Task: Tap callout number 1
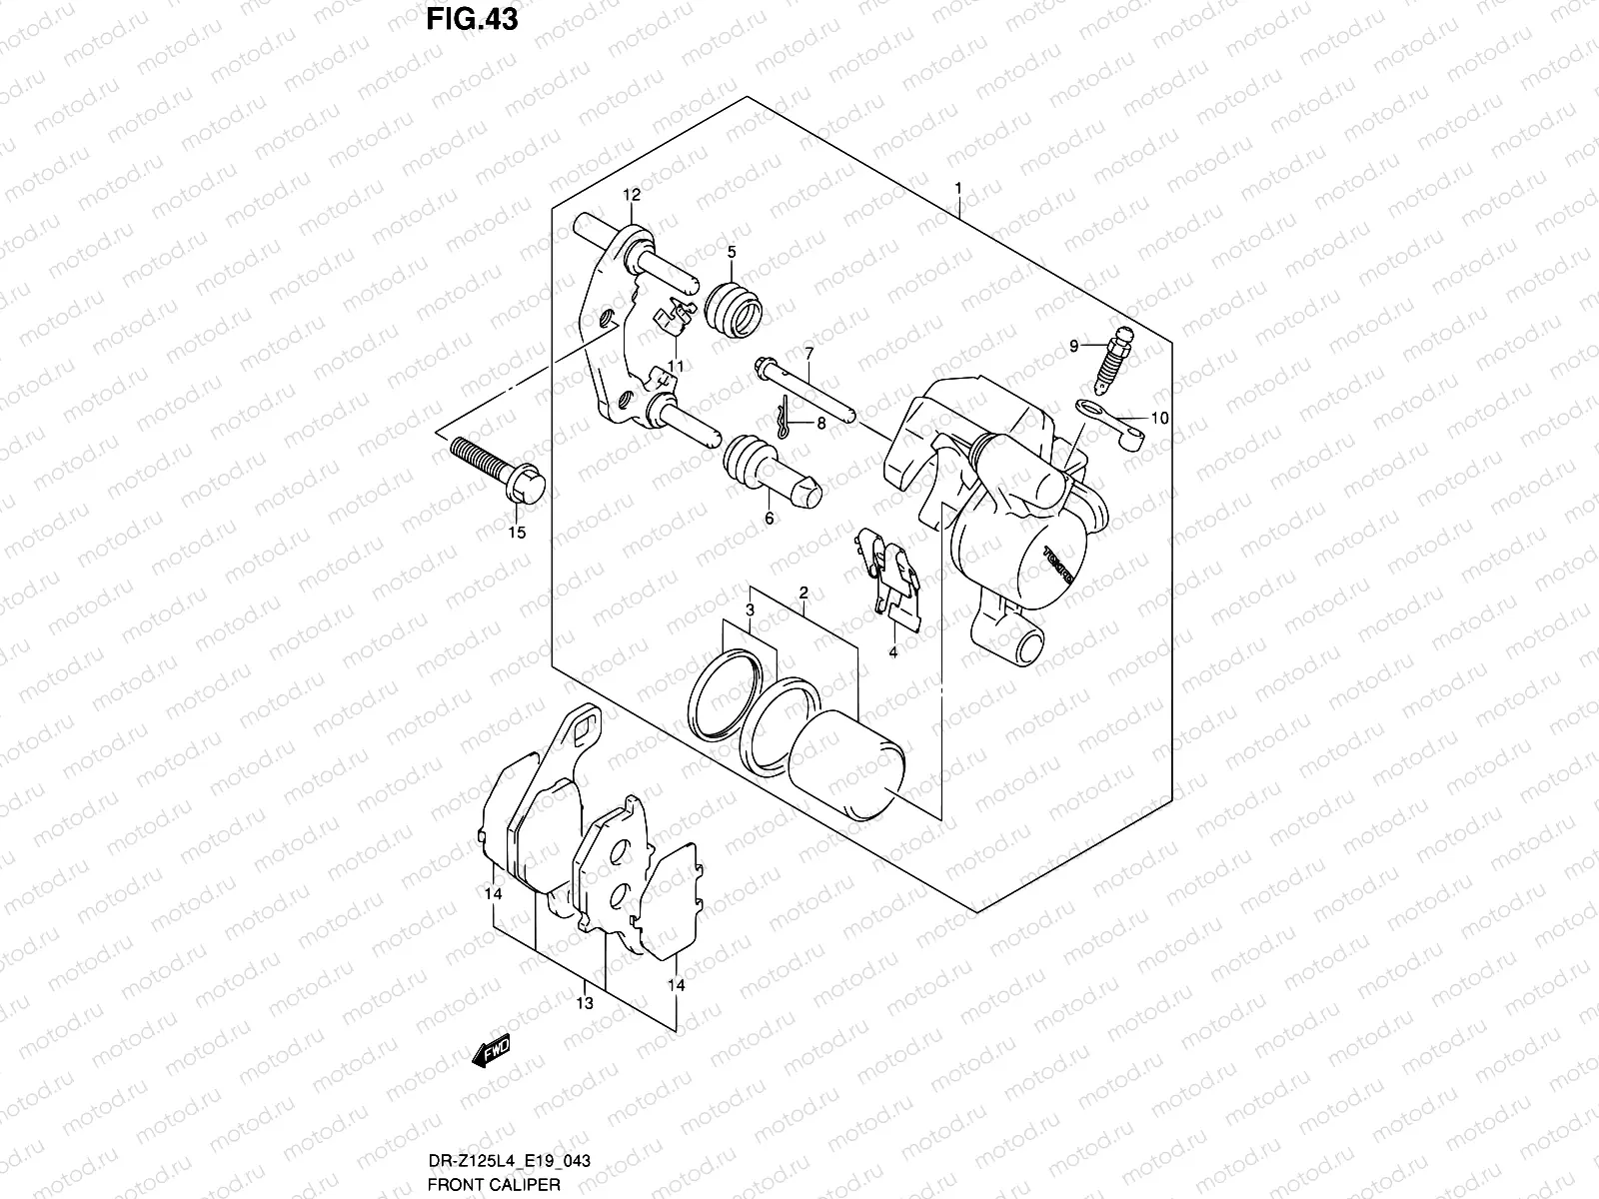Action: tap(957, 188)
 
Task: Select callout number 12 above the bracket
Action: tap(632, 194)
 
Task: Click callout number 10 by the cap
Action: tap(1159, 419)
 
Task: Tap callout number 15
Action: tap(516, 534)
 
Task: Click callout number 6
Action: tap(769, 519)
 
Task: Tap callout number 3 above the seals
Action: tap(749, 609)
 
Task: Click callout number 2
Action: tap(802, 594)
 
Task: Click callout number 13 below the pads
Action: tap(585, 1002)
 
